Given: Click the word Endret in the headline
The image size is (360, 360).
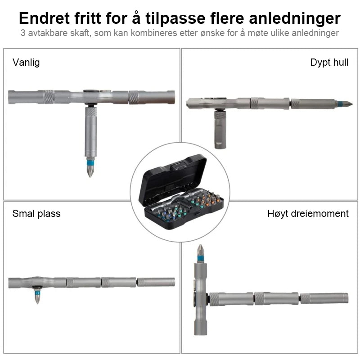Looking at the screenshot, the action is pos(44,18).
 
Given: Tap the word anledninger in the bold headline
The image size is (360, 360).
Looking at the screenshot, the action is pos(295,19).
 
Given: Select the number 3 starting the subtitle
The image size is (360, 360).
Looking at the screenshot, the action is pos(23,33).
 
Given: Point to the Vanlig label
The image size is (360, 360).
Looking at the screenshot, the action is pos(26,63).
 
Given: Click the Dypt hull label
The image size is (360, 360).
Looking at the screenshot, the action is pos(329,63).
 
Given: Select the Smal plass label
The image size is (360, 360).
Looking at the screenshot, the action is pos(36,213).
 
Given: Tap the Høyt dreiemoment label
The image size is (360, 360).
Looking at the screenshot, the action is pos(308,214).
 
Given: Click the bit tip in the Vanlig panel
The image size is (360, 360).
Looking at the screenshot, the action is pos(90,177).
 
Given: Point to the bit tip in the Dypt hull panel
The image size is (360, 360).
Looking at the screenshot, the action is pos(352,104).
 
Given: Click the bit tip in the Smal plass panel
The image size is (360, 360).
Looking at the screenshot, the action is pos(37,303).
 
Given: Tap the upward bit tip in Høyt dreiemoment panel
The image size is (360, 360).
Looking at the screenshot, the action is pos(200,245).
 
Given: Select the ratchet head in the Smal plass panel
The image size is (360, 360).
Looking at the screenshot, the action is pos(37,283).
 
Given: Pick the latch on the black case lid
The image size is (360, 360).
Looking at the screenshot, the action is pos(180,166).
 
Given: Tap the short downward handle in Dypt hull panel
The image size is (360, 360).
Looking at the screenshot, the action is pos(220,130).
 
